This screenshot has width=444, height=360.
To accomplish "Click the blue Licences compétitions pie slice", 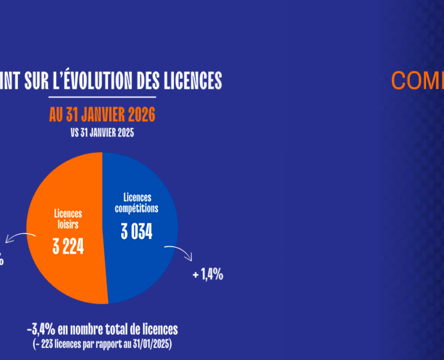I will [x=144, y=264].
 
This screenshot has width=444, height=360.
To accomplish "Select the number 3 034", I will [x=136, y=231].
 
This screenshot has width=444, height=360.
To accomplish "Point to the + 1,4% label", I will [x=208, y=275].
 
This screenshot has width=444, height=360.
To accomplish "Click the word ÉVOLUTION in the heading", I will [x=101, y=80].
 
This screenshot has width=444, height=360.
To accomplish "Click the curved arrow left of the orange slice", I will [x=16, y=239].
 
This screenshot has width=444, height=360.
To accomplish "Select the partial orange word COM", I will [x=417, y=80].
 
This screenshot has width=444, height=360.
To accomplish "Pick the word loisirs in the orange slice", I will [x=67, y=224].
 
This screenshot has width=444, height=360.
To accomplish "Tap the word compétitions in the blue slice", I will [x=136, y=208].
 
